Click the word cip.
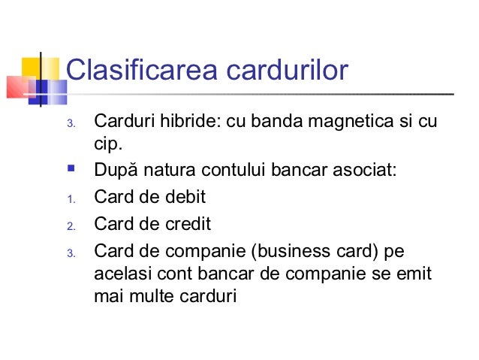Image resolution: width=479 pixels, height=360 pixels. click(107, 143)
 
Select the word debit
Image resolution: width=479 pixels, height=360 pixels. click(184, 198)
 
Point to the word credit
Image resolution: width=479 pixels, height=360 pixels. click(187, 224)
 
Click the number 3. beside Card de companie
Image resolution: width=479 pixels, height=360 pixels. click(71, 253)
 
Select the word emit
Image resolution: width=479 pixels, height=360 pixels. click(417, 274)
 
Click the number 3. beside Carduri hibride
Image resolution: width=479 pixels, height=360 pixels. click(71, 123)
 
